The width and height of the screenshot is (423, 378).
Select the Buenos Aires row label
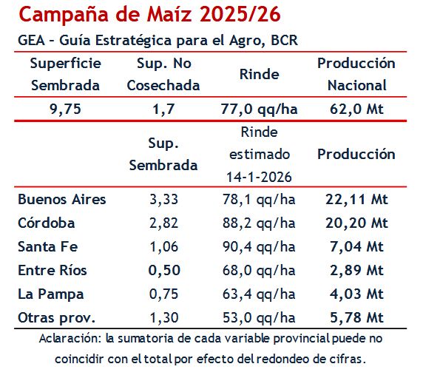click(x=62, y=199)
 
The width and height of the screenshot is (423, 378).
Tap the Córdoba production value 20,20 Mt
click(x=356, y=223)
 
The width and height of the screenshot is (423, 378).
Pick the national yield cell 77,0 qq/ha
click(x=259, y=109)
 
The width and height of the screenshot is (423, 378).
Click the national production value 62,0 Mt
click(x=356, y=109)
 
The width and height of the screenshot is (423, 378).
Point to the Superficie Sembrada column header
click(x=65, y=74)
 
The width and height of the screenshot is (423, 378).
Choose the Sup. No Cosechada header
click(x=163, y=74)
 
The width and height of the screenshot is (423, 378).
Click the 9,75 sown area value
click(x=65, y=109)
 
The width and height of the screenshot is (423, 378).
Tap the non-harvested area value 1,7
click(x=163, y=109)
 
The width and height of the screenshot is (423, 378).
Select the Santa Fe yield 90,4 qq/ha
click(x=259, y=246)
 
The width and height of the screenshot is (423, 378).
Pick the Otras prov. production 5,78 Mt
click(x=356, y=317)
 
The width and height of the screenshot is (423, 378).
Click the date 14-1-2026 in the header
click(x=259, y=178)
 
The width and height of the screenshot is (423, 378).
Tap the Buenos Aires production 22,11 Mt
click(x=356, y=199)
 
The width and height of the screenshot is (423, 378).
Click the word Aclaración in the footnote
click(x=70, y=340)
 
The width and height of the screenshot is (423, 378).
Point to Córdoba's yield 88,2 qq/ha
click(x=259, y=223)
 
